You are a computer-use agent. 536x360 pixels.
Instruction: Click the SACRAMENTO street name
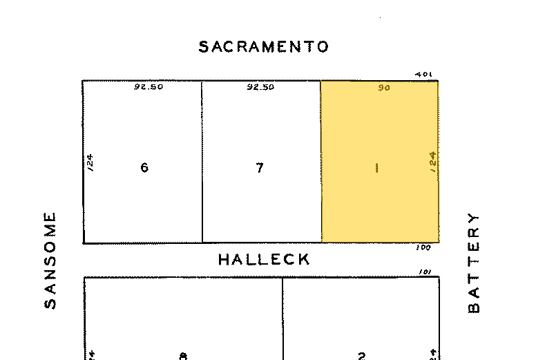coord(263,47)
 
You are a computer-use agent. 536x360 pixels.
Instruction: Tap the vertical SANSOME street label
coord(50,260)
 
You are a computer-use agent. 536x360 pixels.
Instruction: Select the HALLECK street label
coord(264,260)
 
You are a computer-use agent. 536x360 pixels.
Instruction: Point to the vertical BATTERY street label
coord(473,262)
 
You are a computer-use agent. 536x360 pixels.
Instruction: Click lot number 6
coord(144,168)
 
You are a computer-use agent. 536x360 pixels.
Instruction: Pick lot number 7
coord(259,168)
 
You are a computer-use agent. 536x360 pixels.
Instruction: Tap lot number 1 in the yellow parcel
coord(376,168)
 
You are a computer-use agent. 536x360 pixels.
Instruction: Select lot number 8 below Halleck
coord(183,356)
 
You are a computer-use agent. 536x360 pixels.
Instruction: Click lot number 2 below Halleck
coord(361,356)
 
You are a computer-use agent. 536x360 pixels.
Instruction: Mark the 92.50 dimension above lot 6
coord(149,88)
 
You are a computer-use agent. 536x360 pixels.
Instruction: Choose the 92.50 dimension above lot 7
coord(260,88)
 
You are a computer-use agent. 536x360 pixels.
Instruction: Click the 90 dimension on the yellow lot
coord(384,88)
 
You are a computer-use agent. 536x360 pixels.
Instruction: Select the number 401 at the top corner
coord(423,75)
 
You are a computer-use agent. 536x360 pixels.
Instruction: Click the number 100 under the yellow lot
coord(423,247)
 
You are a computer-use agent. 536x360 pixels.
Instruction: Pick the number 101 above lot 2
coord(424,272)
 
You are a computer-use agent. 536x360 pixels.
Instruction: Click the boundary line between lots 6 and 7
coord(202,162)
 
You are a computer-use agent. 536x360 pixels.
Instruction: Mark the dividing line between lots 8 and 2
coord(283,318)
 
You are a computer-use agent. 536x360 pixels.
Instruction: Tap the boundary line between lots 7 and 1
coord(320,162)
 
